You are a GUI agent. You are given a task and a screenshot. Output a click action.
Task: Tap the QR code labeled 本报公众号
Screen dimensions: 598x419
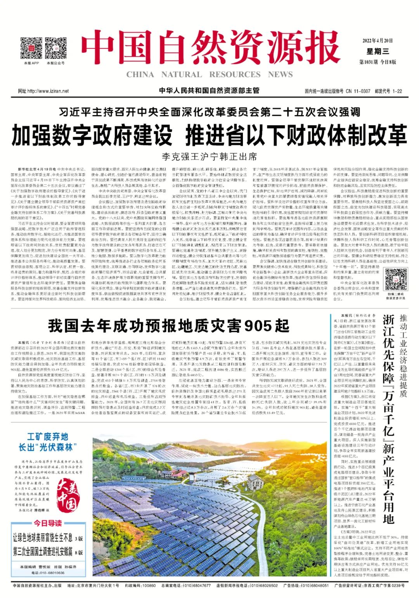pos(55,48)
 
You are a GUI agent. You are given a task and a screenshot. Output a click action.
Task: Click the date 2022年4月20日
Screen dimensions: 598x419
pos(377,40)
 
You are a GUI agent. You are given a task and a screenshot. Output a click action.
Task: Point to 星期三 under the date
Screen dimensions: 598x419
pos(377,51)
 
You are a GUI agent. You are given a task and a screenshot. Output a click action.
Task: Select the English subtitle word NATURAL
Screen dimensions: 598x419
pos(182,74)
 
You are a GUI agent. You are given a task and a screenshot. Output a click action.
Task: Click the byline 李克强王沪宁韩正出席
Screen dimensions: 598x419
pos(209,157)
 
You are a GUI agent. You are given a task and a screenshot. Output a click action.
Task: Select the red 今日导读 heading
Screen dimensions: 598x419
pos(47,523)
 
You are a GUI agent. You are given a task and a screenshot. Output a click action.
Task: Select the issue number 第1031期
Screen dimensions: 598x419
pos(368,62)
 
